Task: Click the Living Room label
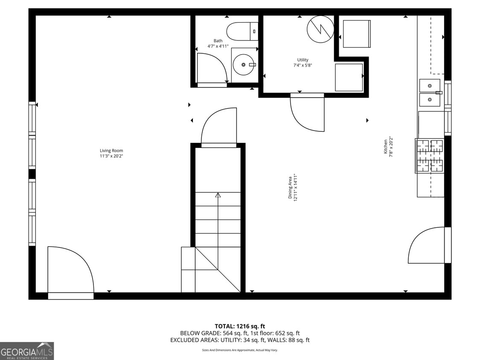click(x=111, y=151)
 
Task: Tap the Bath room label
click(x=218, y=41)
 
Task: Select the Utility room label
click(x=303, y=60)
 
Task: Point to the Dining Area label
click(x=290, y=188)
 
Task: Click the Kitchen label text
click(x=385, y=146)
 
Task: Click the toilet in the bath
click(x=242, y=31)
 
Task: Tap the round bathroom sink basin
click(x=244, y=65)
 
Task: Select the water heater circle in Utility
click(x=320, y=29)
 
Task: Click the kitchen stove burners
click(x=430, y=156)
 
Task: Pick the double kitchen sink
click(x=430, y=93)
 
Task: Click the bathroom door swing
click(x=212, y=68)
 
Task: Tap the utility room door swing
click(x=307, y=113)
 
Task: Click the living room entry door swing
click(x=70, y=270)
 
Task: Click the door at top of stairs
click(x=219, y=127)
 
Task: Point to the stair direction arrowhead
click(x=218, y=195)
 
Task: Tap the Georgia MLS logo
click(x=27, y=351)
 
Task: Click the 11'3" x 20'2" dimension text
click(x=111, y=156)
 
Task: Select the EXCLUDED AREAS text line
click(x=240, y=340)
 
